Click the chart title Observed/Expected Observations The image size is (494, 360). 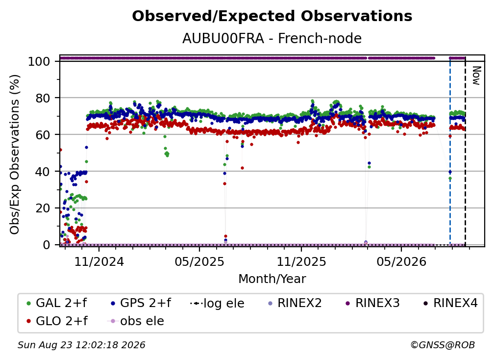pyautogui.click(x=272, y=16)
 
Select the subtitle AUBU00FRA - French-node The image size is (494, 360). pyautogui.click(x=272, y=38)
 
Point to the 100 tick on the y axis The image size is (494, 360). pyautogui.click(x=39, y=61)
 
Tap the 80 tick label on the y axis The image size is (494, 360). pyautogui.click(x=43, y=98)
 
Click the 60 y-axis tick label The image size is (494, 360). pyautogui.click(x=43, y=134)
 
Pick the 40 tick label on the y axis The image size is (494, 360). pyautogui.click(x=43, y=172)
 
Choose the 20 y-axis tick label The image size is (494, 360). pyautogui.click(x=43, y=208)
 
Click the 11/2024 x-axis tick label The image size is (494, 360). pyautogui.click(x=99, y=261)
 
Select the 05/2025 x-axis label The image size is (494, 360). pyautogui.click(x=199, y=261)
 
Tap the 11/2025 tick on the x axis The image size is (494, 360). pyautogui.click(x=301, y=261)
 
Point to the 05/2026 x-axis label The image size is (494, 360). pyautogui.click(x=401, y=261)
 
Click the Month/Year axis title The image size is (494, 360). pyautogui.click(x=272, y=279)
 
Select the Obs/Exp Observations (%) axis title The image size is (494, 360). pyautogui.click(x=15, y=154)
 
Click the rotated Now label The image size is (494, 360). pyautogui.click(x=476, y=76)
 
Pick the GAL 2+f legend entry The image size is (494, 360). pyautogui.click(x=57, y=303)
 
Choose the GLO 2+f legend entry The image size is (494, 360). pyautogui.click(x=57, y=321)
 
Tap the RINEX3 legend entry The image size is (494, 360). pyautogui.click(x=373, y=303)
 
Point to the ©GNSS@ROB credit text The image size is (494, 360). pyautogui.click(x=443, y=345)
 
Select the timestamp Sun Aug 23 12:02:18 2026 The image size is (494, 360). pyautogui.click(x=81, y=345)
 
